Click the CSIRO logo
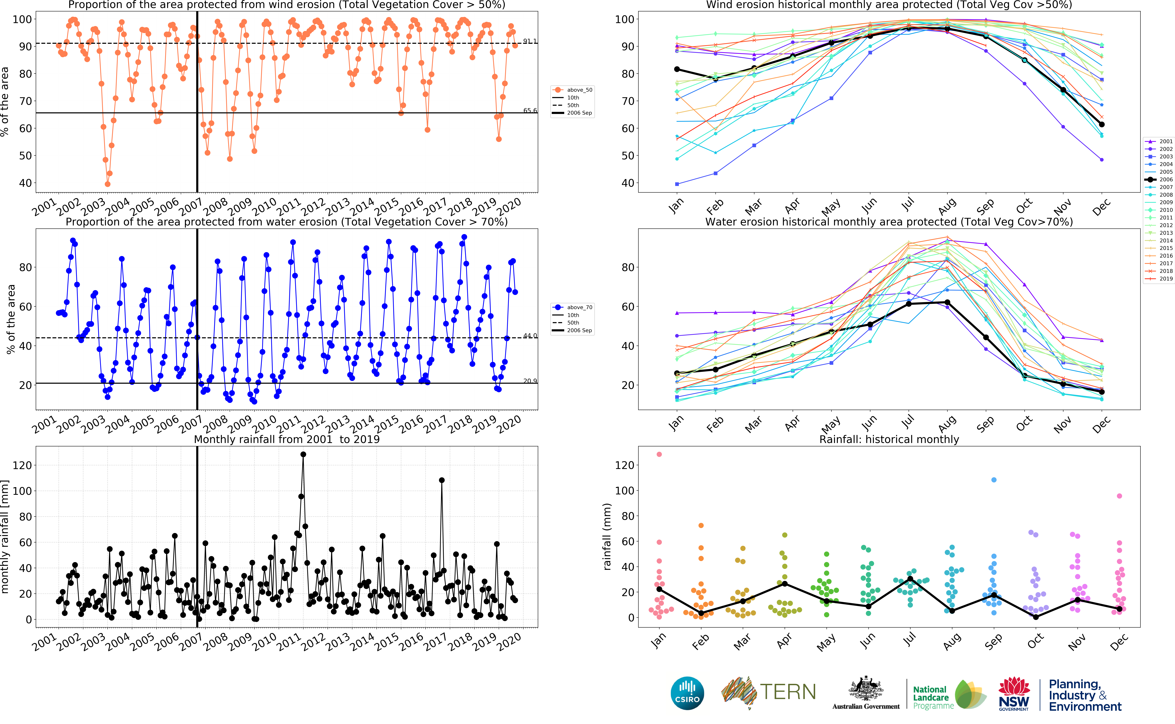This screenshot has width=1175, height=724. pos(687,693)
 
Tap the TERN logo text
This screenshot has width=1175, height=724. pos(788,692)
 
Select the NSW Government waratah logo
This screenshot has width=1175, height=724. pos(1014,693)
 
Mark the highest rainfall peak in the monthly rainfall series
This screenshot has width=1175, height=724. pos(303,454)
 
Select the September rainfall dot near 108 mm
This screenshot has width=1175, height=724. pos(994,480)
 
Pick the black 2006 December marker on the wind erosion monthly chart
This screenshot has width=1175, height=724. pos(1101,125)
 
